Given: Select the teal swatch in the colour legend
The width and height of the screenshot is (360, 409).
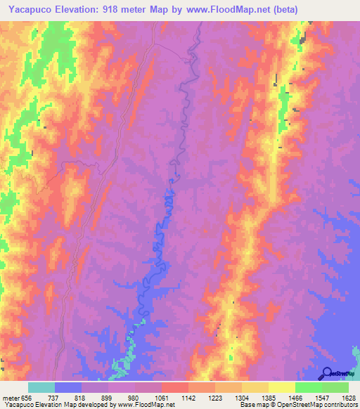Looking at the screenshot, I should point(41,387).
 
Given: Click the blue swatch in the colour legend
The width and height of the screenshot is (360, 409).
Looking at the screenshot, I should point(68,387).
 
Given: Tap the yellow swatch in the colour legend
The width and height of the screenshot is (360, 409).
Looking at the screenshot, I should point(281,387).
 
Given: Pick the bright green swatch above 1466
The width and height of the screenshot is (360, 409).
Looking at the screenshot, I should point(308,387).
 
